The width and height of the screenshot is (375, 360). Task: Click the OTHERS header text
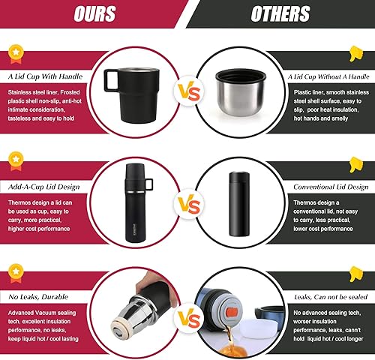pos(280,13)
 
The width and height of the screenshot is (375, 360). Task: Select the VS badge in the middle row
pos(187,202)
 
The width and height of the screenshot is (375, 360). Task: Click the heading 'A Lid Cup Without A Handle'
pos(328,76)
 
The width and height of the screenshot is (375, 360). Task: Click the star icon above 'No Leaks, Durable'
pos(16,268)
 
